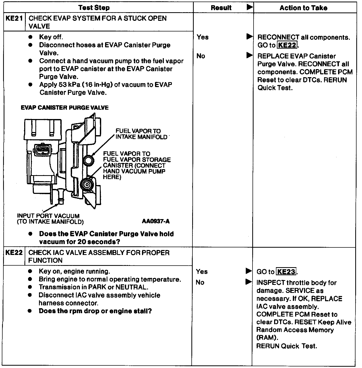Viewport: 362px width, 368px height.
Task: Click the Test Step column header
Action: [94, 8]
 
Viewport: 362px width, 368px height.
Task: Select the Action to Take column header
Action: [303, 8]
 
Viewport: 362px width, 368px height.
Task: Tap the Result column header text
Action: [221, 8]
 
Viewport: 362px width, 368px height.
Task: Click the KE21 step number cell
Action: [14, 19]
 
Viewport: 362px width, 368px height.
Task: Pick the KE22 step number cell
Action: [14, 253]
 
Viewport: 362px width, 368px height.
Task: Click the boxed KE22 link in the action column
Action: [287, 45]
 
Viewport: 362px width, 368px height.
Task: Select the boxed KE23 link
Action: [286, 272]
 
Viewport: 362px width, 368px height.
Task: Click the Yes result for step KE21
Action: [203, 37]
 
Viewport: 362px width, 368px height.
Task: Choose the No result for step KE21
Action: [201, 56]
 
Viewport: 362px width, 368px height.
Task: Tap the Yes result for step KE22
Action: [202, 272]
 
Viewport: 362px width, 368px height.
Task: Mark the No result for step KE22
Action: [200, 282]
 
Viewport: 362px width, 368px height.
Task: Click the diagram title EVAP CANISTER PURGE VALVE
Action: [64, 108]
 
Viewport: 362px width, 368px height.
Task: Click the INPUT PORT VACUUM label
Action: [48, 216]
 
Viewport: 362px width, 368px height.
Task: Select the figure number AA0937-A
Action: [156, 221]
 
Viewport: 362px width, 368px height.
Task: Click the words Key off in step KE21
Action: [51, 37]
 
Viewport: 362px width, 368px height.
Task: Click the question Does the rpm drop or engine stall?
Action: [95, 311]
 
